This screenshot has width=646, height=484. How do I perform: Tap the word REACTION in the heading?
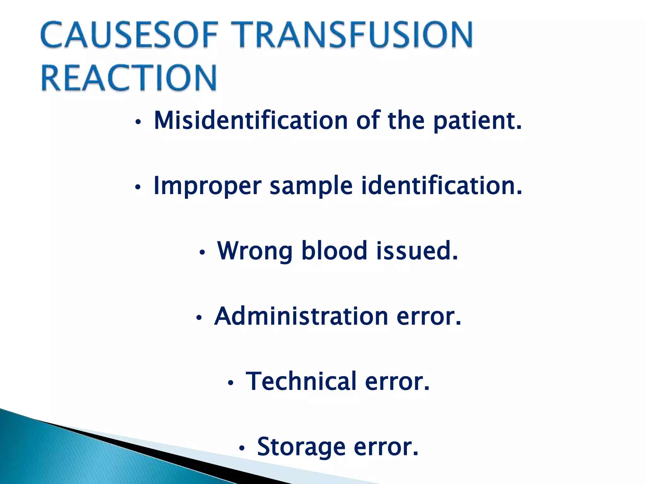point(129,78)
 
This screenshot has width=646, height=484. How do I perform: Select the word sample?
point(311,186)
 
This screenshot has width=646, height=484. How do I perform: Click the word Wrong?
point(255,251)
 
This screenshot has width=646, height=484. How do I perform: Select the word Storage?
point(301,447)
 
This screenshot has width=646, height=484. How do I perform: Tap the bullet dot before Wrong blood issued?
point(202,252)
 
